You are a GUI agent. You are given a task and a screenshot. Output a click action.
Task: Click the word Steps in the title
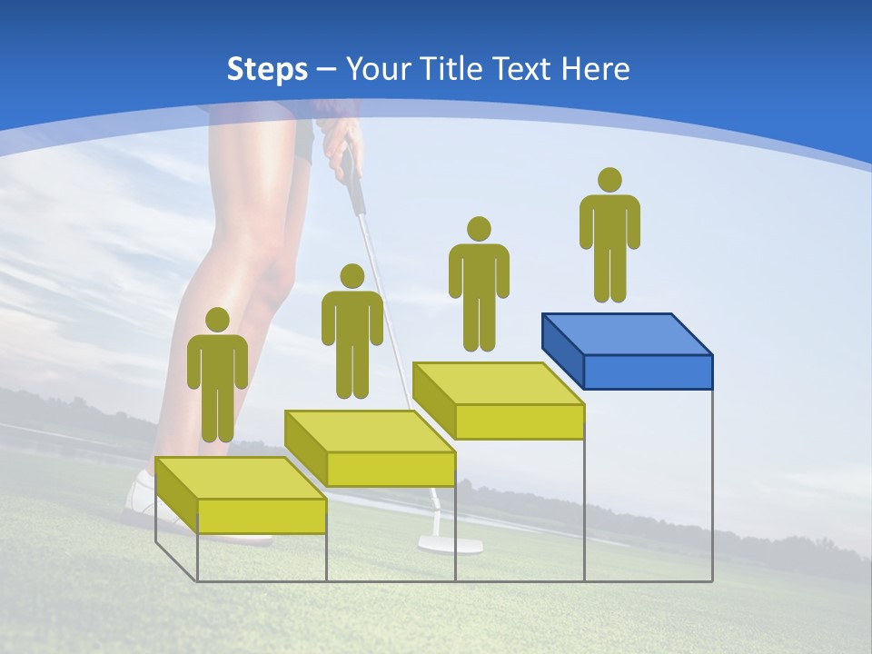click(x=267, y=69)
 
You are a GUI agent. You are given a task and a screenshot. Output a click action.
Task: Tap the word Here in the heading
click(x=595, y=69)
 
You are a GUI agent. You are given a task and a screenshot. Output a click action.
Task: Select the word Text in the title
click(x=523, y=69)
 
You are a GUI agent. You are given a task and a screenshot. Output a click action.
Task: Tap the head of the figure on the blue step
click(x=609, y=180)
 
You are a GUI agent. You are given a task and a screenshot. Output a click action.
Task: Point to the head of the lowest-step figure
click(x=217, y=320)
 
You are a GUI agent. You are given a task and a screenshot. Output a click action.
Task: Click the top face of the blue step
click(x=627, y=333)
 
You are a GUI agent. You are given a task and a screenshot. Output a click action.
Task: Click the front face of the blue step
click(x=648, y=372)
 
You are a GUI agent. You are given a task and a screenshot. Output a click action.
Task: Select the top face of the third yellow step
click(x=498, y=382)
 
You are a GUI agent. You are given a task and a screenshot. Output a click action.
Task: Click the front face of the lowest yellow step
click(x=262, y=515)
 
